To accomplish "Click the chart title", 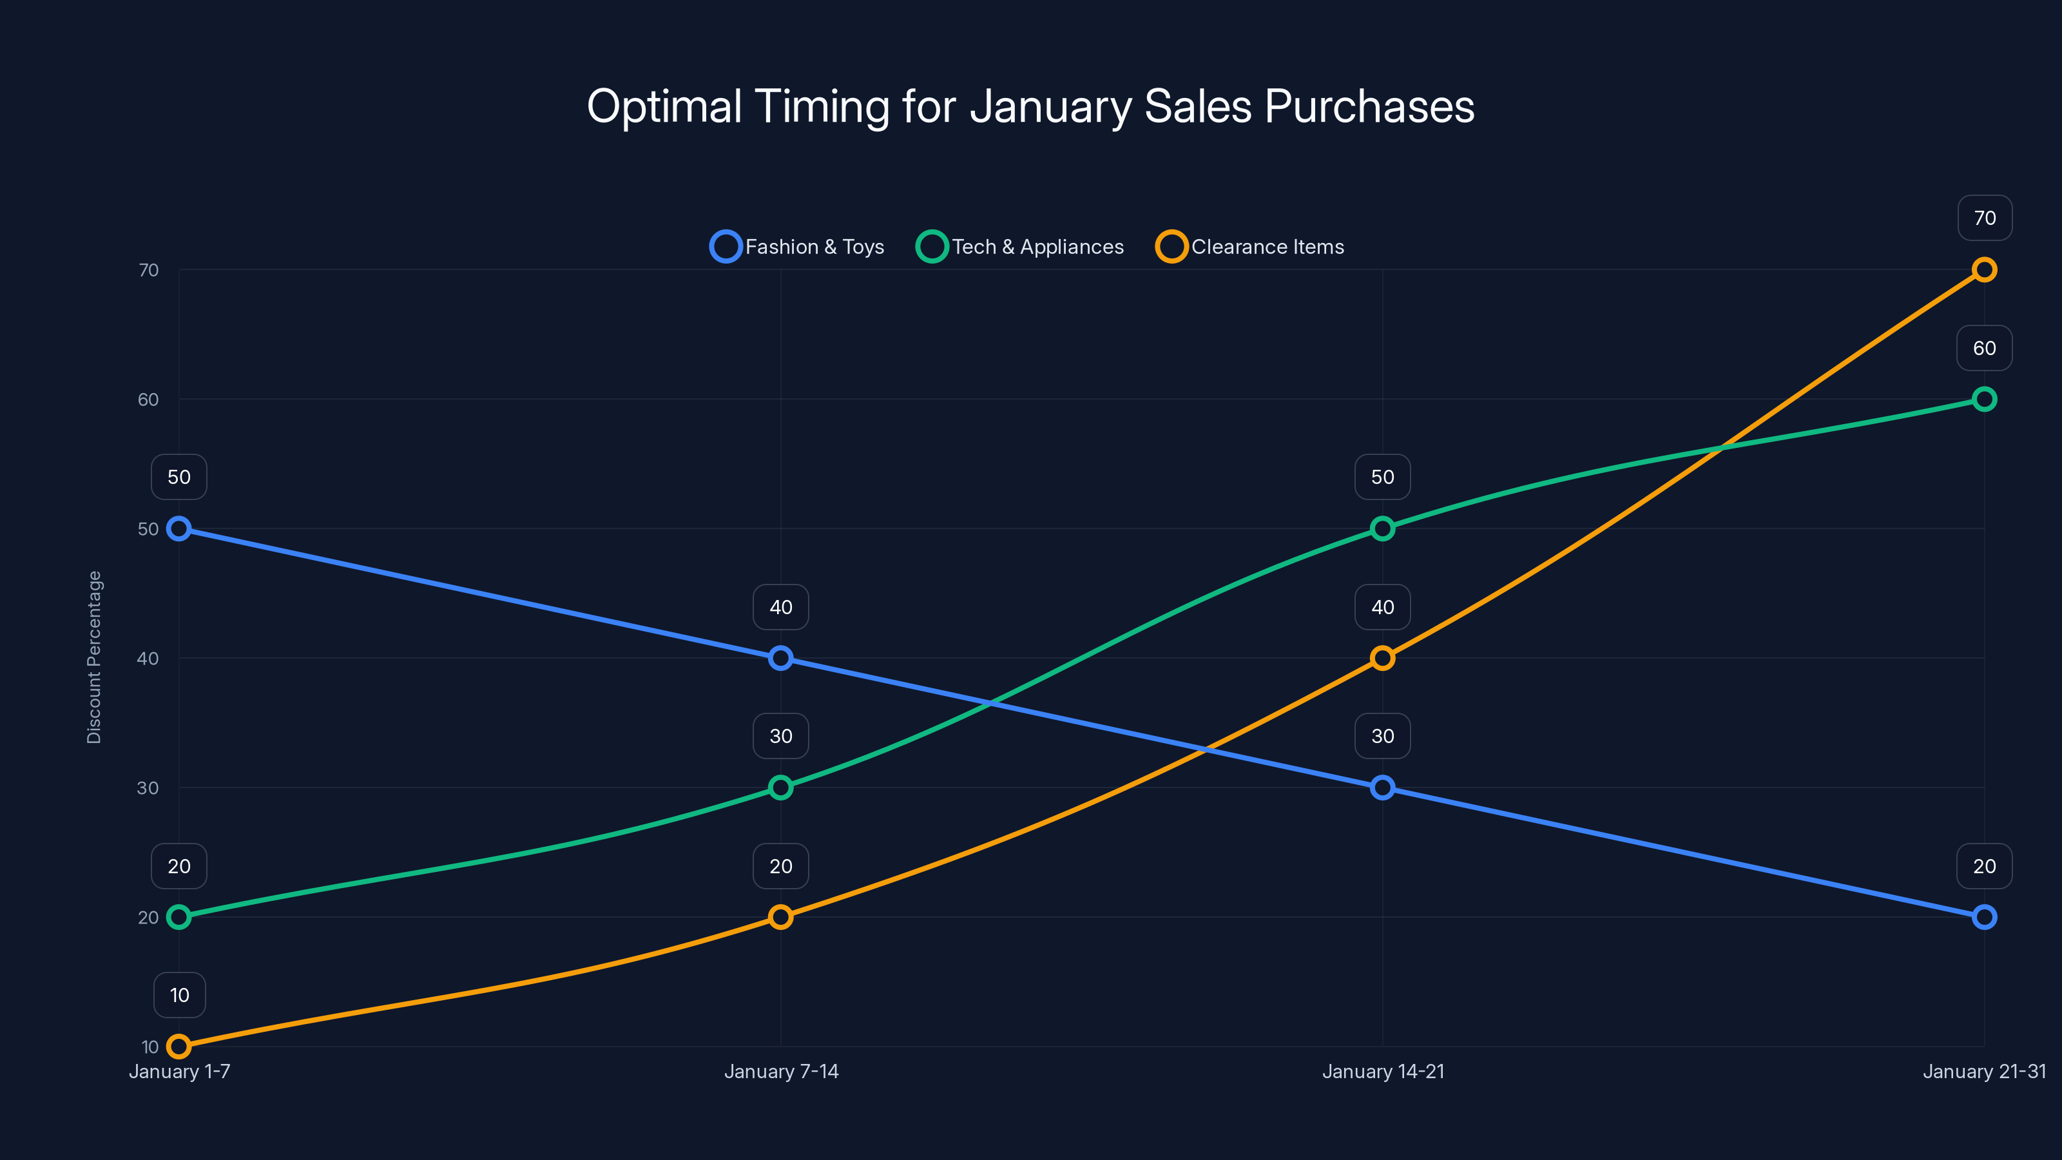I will [x=1030, y=106].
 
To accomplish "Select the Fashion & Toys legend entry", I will [x=797, y=247].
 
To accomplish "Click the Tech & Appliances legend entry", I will [x=1021, y=247].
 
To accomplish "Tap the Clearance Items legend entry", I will [x=1250, y=247].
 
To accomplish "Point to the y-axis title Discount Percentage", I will [x=95, y=657].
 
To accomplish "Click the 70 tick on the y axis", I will [x=149, y=271].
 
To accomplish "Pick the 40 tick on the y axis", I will [x=148, y=659].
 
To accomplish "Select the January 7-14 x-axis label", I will [x=781, y=1071].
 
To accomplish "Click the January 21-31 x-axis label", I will [x=1983, y=1071].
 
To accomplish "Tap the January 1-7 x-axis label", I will [x=179, y=1071].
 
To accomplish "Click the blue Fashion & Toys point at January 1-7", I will [x=179, y=528].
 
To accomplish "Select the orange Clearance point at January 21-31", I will [x=1983, y=270].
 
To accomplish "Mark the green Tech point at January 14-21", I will [x=1382, y=528].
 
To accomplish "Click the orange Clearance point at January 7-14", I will [x=780, y=916].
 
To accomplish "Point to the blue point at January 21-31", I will [x=1983, y=916].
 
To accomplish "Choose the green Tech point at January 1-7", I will [x=179, y=916].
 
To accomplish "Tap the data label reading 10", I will [x=179, y=995].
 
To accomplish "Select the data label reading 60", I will [x=1983, y=348].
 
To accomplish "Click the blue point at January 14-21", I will [x=1382, y=788].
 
